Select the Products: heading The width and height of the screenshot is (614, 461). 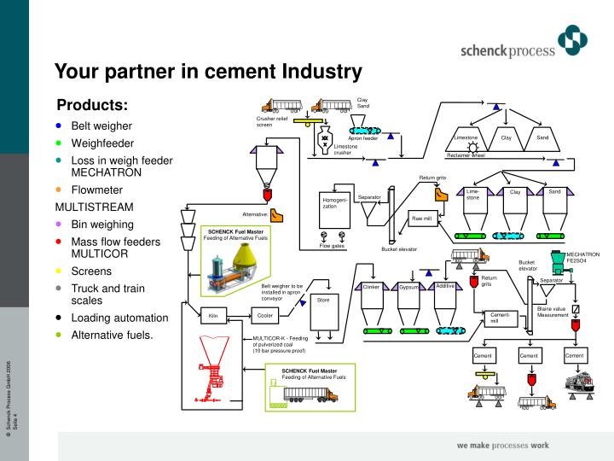(91, 105)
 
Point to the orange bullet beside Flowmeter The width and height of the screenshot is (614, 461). (59, 190)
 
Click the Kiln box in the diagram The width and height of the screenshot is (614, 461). (214, 315)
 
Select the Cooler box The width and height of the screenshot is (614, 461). (265, 315)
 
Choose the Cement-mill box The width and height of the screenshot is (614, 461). (500, 318)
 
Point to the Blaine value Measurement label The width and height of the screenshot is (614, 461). (553, 312)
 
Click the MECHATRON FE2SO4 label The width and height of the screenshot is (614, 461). (583, 258)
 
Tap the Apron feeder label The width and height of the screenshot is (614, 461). (362, 137)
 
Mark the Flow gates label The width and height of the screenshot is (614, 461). (332, 246)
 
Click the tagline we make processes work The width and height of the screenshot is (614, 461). (502, 445)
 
